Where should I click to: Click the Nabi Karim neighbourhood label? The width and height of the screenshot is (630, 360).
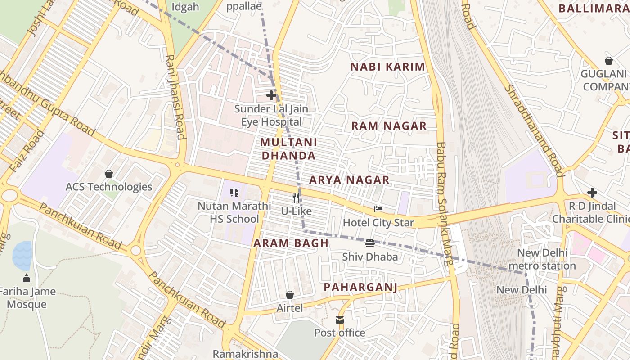[x=387, y=67]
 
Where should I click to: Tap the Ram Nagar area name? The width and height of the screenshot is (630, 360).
[x=389, y=126]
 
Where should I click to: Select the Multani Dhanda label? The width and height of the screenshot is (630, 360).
[x=288, y=149]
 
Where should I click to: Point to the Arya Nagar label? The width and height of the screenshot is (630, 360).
[x=349, y=180]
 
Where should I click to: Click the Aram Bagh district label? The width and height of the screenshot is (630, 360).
[x=291, y=243]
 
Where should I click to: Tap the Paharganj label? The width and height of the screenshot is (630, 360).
[x=360, y=287]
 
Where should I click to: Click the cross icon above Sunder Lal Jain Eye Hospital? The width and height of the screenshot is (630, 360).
[x=271, y=95]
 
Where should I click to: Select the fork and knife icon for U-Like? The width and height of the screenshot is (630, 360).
[x=296, y=198]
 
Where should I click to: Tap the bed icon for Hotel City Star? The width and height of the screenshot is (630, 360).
[x=378, y=209]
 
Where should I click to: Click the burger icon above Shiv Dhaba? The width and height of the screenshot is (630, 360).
[x=370, y=243]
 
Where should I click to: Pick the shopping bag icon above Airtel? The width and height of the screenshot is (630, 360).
[x=290, y=295]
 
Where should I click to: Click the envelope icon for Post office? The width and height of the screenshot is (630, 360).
[x=340, y=320]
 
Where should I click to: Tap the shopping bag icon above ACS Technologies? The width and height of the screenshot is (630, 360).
[x=108, y=173]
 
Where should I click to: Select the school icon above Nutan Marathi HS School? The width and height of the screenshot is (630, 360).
[x=234, y=193]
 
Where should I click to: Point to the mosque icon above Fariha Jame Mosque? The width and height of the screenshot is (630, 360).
[x=27, y=278]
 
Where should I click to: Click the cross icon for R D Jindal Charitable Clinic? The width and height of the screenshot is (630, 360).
[x=592, y=193]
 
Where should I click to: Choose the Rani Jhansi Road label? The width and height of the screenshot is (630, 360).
[x=175, y=97]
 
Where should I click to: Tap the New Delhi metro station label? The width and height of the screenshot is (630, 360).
[x=542, y=259]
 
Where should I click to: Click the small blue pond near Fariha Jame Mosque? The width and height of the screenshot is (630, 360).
[x=22, y=255]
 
